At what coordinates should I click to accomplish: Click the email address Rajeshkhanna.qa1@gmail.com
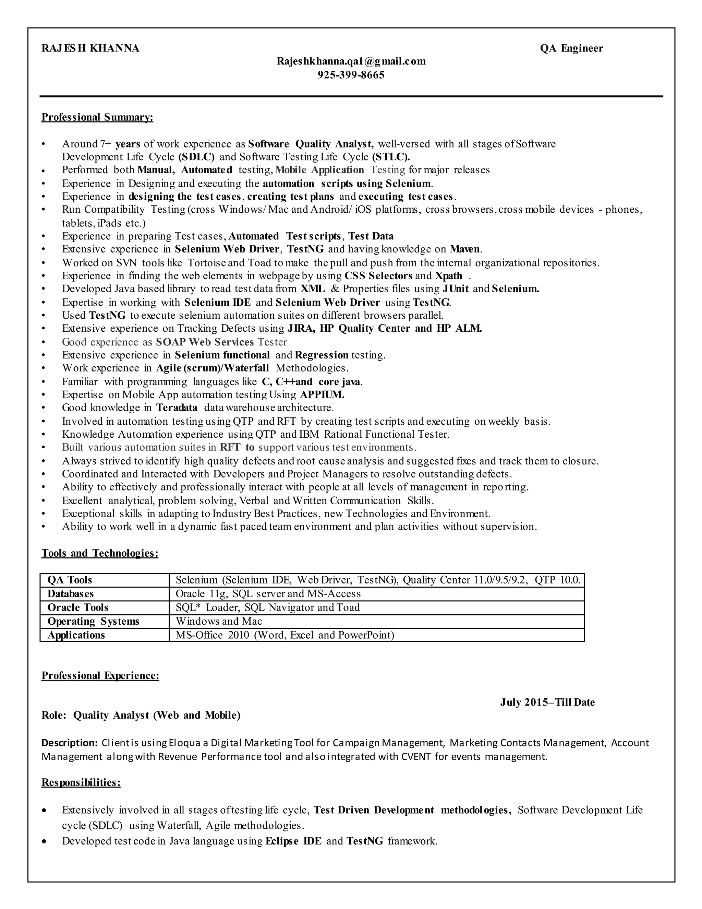pos(351,62)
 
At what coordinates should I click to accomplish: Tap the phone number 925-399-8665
pos(351,75)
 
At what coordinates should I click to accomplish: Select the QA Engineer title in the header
pos(571,49)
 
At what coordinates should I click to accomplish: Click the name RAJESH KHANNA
pos(90,49)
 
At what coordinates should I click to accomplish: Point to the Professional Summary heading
pos(97,117)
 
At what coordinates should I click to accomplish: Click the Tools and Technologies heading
pos(100,553)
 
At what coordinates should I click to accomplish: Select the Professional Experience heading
pos(100,675)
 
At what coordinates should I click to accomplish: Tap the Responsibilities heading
pos(81,782)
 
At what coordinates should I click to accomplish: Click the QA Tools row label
pos(70,580)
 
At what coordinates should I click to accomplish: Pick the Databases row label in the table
pos(70,594)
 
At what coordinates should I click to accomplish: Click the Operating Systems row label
pos(93,622)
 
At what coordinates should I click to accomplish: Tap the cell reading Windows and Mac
pos(219,622)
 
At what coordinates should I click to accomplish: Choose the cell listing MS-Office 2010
pos(285,635)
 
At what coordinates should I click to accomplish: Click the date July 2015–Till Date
pos(547,703)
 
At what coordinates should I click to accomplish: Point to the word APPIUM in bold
pos(322,394)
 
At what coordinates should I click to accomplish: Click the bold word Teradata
pos(177,408)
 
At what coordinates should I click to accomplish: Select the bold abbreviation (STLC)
pos(391,157)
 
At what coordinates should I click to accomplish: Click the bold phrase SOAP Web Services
pos(205,342)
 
